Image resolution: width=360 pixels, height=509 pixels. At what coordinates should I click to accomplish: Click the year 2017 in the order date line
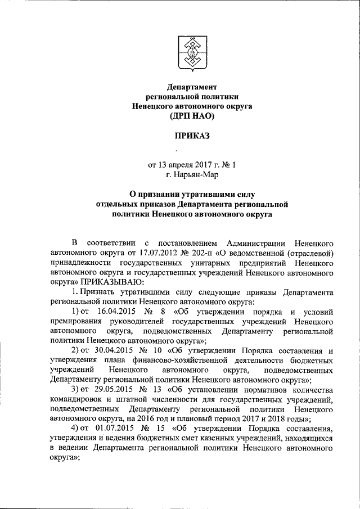click(x=208, y=165)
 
